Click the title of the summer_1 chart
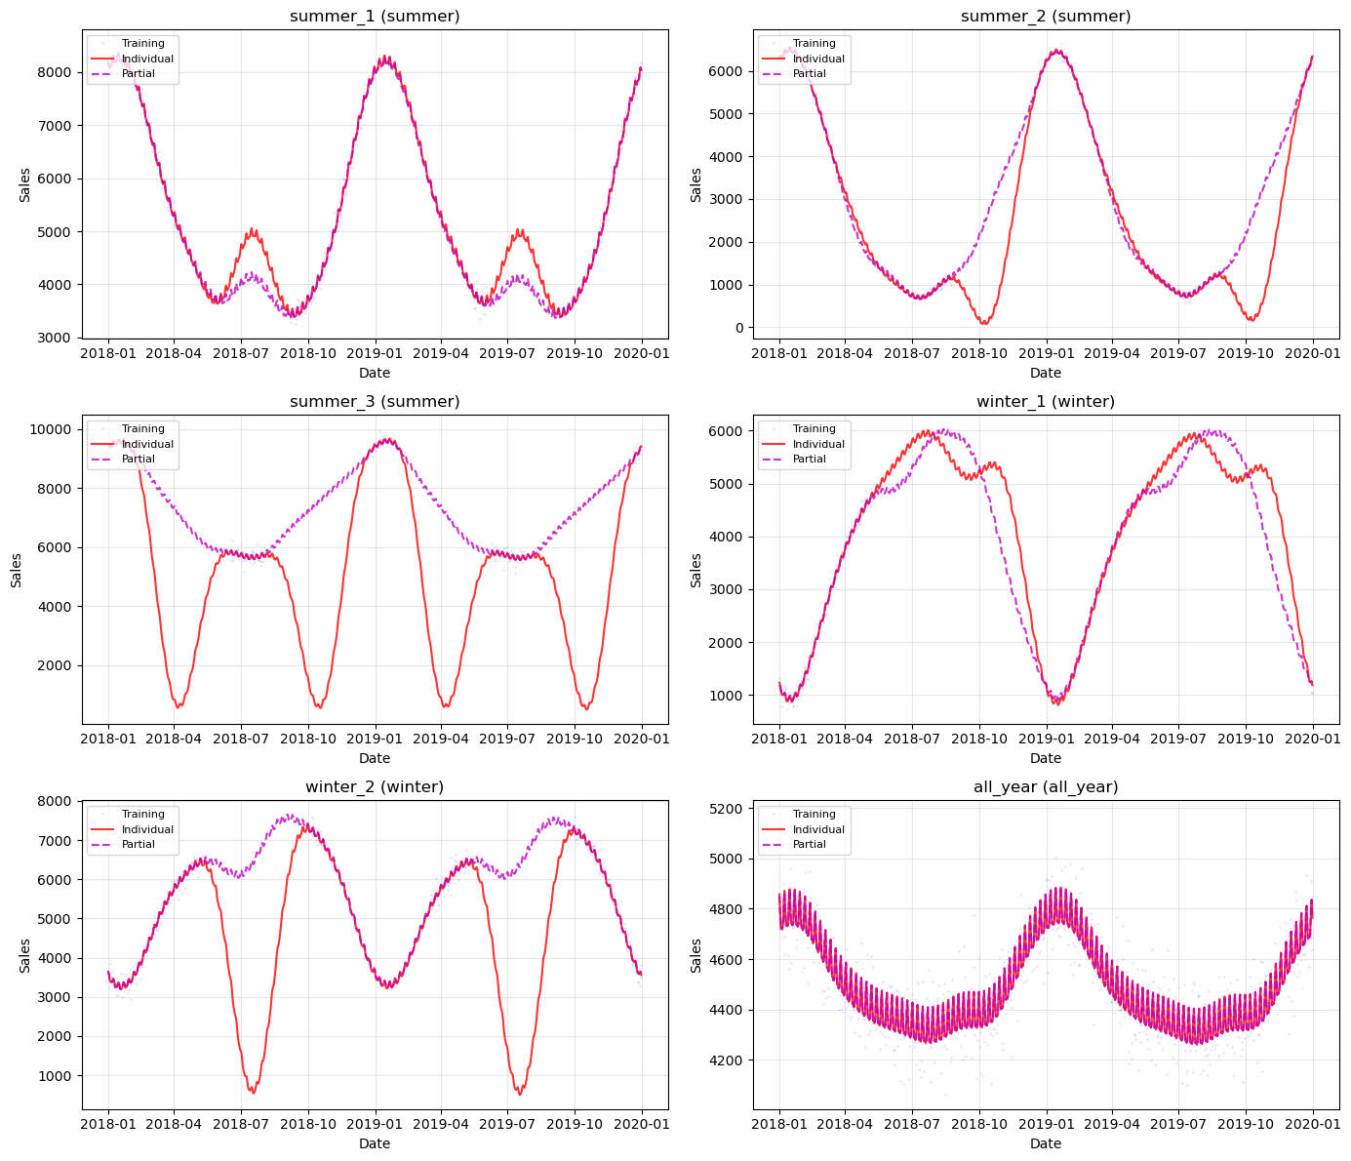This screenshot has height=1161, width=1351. coord(375,17)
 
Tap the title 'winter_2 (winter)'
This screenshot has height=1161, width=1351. coord(375,787)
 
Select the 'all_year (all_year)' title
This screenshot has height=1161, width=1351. coord(1046,787)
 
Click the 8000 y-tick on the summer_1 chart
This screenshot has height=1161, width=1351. coord(57,73)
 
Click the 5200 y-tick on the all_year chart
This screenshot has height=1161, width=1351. coord(728,809)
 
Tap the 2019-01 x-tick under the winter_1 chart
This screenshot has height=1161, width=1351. coord(1046,740)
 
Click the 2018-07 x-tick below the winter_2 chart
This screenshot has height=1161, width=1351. coord(241,1125)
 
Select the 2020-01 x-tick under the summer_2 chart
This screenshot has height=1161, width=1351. coord(1313,354)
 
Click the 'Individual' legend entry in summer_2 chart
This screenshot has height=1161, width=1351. coord(818,59)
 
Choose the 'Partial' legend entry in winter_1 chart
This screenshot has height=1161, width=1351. coord(809,460)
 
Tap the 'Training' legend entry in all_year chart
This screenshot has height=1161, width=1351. coord(814,815)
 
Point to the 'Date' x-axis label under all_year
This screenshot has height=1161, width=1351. coord(1046,1143)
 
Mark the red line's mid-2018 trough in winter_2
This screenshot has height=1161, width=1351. coord(252,1093)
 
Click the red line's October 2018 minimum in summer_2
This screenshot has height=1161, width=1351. coord(984,323)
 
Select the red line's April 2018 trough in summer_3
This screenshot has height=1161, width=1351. coord(178,706)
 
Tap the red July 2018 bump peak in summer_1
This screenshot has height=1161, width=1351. coord(253,230)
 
